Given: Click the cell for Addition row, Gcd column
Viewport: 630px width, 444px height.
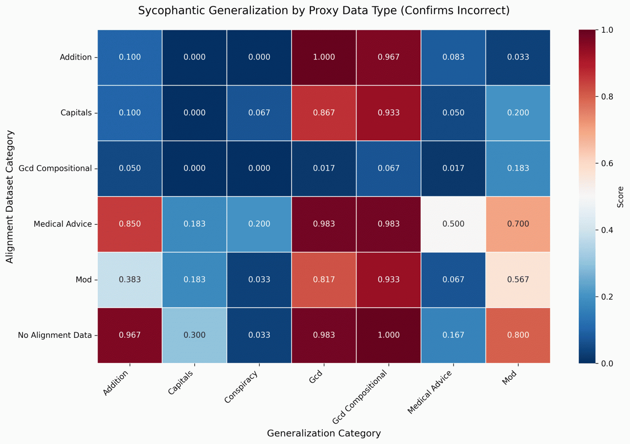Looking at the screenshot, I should click(324, 57).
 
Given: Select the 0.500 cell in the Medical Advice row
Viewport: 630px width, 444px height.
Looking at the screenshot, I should click(453, 224).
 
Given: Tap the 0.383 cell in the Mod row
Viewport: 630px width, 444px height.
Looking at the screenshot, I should click(130, 280).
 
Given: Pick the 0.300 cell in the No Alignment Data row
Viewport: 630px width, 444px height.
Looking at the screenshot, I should click(195, 335).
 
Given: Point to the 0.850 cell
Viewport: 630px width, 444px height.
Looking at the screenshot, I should click(130, 224).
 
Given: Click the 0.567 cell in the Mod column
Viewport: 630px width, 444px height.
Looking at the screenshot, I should click(518, 280).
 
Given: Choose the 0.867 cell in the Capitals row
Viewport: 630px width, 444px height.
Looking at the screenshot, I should click(324, 113).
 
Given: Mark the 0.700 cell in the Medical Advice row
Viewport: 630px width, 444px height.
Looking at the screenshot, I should click(518, 224).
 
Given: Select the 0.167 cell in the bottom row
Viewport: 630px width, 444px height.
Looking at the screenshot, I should click(453, 335).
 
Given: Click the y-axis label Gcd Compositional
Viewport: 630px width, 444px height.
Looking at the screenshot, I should click(55, 168).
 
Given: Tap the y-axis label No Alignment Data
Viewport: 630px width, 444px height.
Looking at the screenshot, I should click(55, 335).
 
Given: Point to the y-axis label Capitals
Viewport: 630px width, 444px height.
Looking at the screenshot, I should click(76, 113).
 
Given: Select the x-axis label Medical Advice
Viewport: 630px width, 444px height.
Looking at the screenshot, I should click(430, 392).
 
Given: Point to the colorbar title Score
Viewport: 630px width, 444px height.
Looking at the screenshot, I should click(621, 197).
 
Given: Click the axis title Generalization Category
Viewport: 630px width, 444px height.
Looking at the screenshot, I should click(324, 434).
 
